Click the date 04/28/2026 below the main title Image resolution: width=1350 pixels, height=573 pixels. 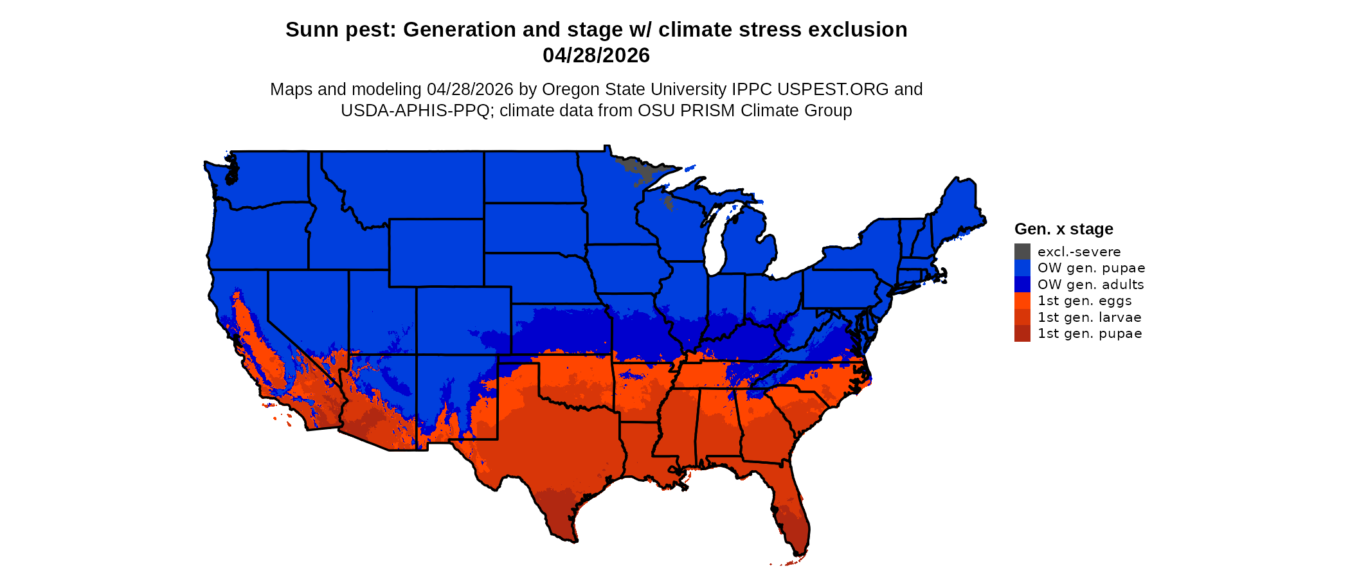tap(596, 55)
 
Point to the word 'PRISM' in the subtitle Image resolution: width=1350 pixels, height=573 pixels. tap(710, 110)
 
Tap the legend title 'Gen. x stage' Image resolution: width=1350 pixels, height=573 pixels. tap(1063, 229)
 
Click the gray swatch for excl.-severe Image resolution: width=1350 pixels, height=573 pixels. tap(1022, 252)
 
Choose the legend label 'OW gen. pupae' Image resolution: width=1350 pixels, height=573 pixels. tap(1091, 268)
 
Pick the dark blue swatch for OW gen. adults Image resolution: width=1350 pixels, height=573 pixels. tap(1022, 285)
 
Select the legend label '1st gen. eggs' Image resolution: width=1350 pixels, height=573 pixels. tap(1084, 301)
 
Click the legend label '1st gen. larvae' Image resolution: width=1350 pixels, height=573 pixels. tap(1089, 317)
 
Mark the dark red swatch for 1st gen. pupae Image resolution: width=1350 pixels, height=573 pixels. tap(1022, 333)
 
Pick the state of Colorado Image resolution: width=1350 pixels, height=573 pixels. tap(464, 321)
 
